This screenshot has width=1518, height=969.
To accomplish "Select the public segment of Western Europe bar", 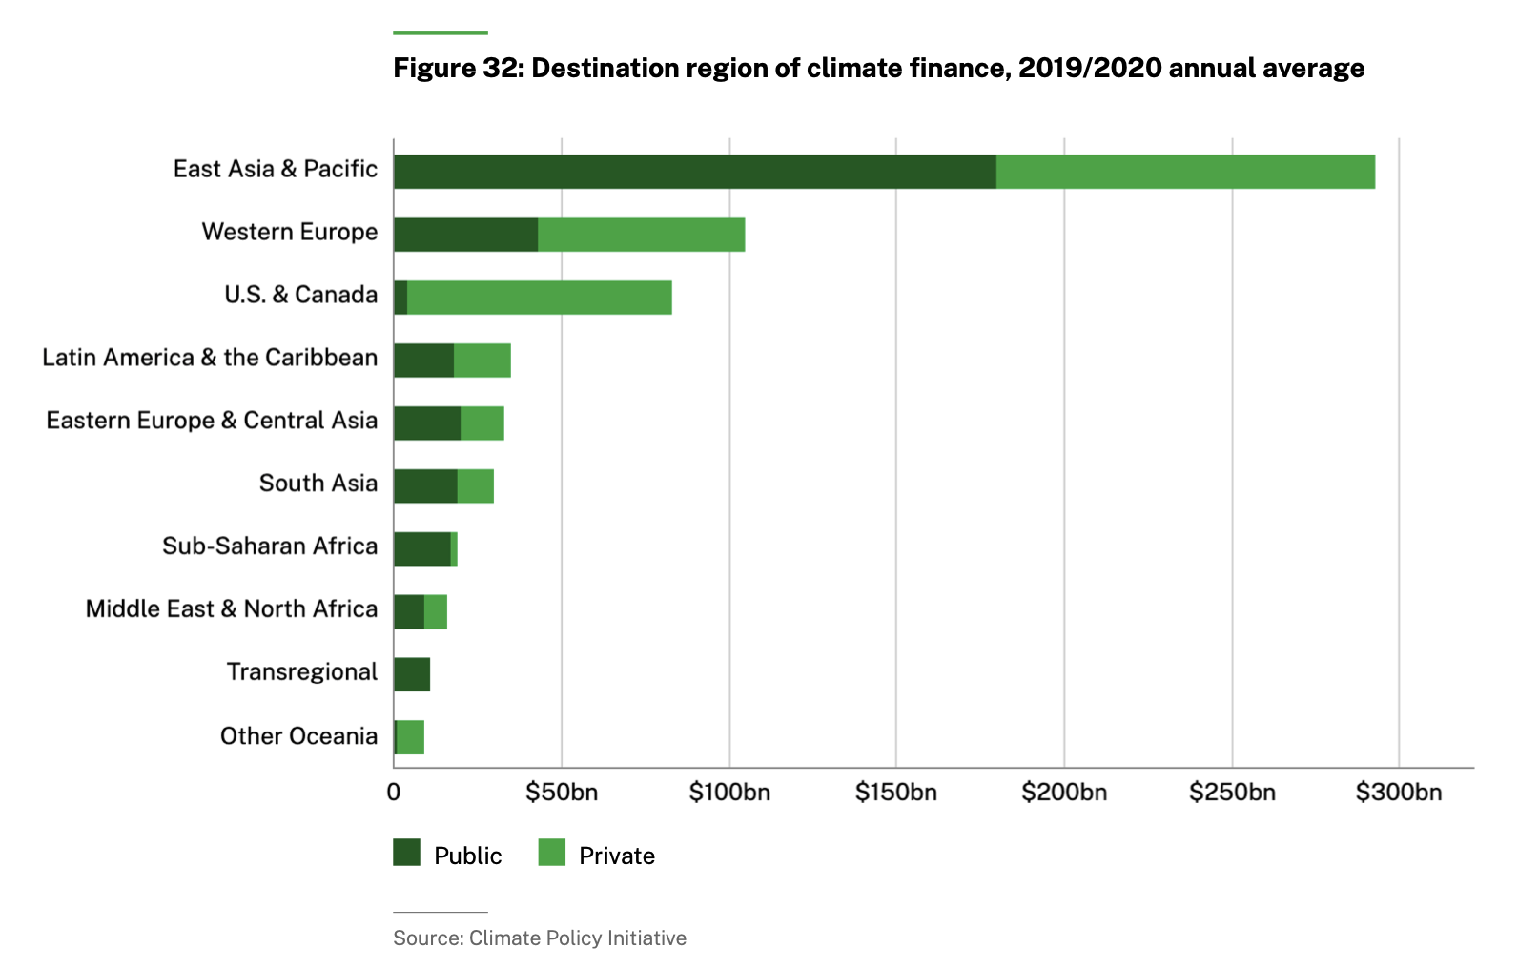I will (x=465, y=235).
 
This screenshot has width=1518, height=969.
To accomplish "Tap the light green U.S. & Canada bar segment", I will (x=540, y=298).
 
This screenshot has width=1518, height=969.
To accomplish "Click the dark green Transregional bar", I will (x=412, y=674).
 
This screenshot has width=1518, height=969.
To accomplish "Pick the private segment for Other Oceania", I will (x=411, y=737).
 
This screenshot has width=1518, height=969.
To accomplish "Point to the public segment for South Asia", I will (x=425, y=486).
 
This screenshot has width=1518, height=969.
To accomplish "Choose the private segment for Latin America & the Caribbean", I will (x=482, y=361).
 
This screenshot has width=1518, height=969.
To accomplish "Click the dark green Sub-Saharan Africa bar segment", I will (x=422, y=548).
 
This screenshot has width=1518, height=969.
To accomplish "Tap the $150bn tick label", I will (x=895, y=793).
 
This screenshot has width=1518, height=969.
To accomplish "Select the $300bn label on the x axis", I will (x=1398, y=793).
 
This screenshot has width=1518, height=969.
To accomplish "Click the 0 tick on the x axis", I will (x=394, y=793).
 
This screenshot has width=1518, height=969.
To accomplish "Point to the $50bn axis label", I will (x=562, y=793).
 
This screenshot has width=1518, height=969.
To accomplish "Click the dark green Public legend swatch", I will (x=407, y=853).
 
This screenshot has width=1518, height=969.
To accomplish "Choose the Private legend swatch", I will (x=552, y=853).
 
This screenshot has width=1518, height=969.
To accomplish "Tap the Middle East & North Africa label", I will (x=232, y=609).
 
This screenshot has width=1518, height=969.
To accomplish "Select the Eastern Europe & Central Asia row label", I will (x=212, y=421).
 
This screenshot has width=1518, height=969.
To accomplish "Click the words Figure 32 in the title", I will (x=457, y=69).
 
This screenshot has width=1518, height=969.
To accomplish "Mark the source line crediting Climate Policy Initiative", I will (x=540, y=938).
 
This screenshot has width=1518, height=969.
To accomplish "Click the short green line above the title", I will (x=441, y=33).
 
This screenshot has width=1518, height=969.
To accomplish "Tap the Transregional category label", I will (x=302, y=672).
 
